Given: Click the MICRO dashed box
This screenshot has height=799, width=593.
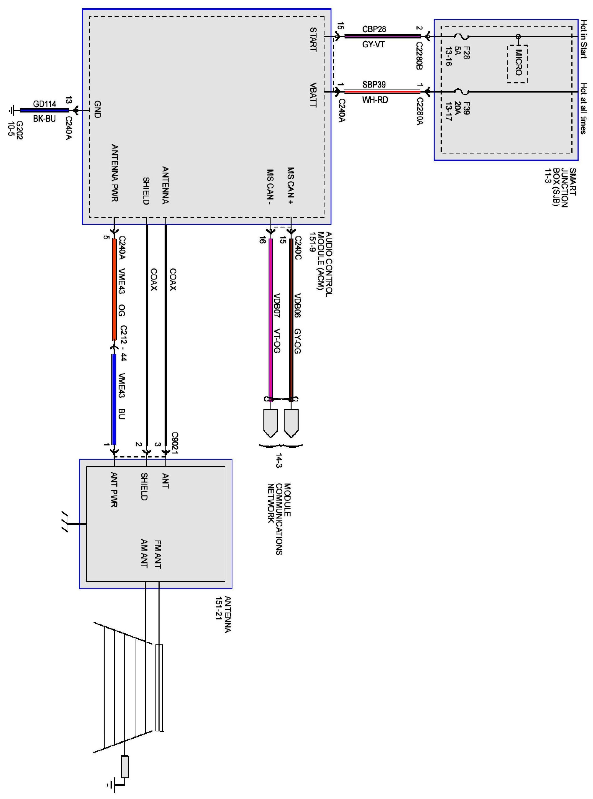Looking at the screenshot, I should point(517,64).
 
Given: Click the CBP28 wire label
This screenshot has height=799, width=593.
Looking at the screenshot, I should point(374,29).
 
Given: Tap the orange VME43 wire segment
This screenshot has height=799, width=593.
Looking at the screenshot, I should point(114,289).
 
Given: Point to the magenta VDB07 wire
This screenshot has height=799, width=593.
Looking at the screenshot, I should point(271,319).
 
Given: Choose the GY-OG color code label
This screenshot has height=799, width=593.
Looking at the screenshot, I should point(297,341).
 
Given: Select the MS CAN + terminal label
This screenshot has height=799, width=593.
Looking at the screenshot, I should point(291,186).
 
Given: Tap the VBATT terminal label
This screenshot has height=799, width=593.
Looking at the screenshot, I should point(313,95).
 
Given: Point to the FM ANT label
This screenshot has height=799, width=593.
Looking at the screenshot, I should point(158,554).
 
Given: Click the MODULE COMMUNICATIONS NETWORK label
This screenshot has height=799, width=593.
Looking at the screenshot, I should point(279,518).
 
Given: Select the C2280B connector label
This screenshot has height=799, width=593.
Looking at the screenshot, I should point(419,56).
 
